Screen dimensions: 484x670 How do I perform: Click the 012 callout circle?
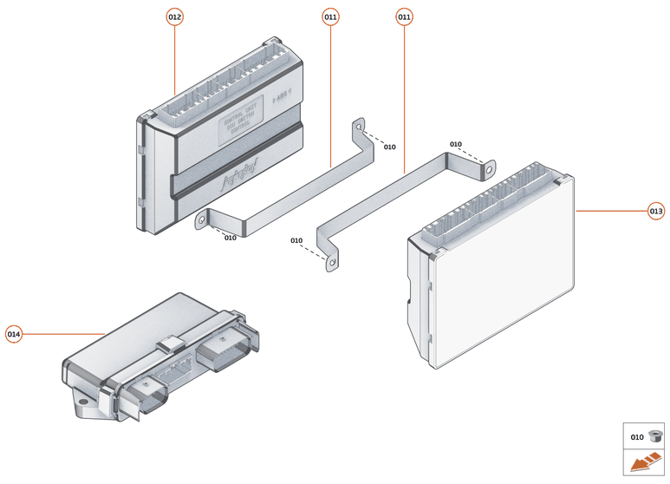tap(175, 16)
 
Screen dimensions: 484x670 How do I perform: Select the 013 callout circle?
tap(656, 211)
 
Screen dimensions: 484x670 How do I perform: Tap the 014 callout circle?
tap(14, 334)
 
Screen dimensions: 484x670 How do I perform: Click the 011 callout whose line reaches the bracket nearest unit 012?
tap(331, 16)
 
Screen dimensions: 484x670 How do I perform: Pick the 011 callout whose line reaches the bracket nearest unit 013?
tap(404, 16)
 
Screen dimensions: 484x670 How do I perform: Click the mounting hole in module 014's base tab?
tap(84, 401)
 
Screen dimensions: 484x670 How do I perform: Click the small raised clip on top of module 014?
tap(170, 343)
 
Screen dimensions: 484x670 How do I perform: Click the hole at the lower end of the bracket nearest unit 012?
tap(202, 220)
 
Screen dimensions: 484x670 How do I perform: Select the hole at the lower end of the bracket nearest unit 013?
tap(330, 260)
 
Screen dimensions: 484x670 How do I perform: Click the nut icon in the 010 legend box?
tap(654, 435)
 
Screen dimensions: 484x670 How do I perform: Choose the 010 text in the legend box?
tap(636, 436)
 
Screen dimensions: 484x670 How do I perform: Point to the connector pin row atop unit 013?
tap(490, 206)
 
